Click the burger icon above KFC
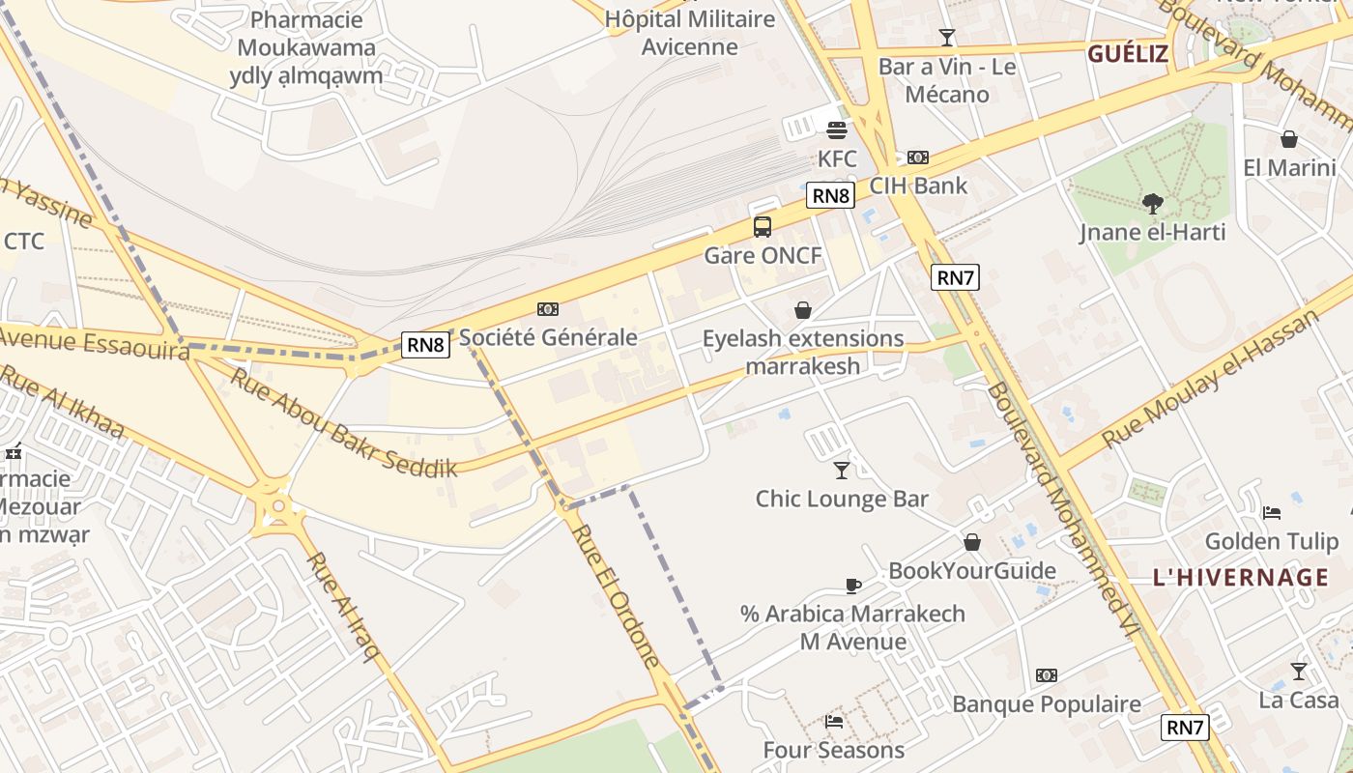click(x=837, y=129)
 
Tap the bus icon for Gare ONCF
click(x=763, y=227)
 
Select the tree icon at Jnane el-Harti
click(x=1152, y=203)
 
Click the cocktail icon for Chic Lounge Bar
click(x=842, y=471)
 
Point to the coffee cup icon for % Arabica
click(x=852, y=586)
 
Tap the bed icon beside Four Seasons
click(x=834, y=721)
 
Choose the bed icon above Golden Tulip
click(x=1272, y=512)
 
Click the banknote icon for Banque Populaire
click(x=1047, y=675)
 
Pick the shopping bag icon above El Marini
click(x=1289, y=139)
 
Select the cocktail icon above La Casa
click(x=1299, y=671)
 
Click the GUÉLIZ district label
click(x=1128, y=54)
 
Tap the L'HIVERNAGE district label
click(x=1241, y=578)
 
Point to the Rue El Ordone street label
click(x=615, y=595)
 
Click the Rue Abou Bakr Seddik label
click(x=342, y=422)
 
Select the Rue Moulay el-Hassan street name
click(x=1211, y=380)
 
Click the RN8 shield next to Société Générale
click(x=426, y=344)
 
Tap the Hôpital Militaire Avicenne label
click(x=690, y=33)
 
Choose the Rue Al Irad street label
click(x=343, y=606)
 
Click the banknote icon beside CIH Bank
click(x=917, y=157)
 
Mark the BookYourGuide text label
click(x=972, y=570)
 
